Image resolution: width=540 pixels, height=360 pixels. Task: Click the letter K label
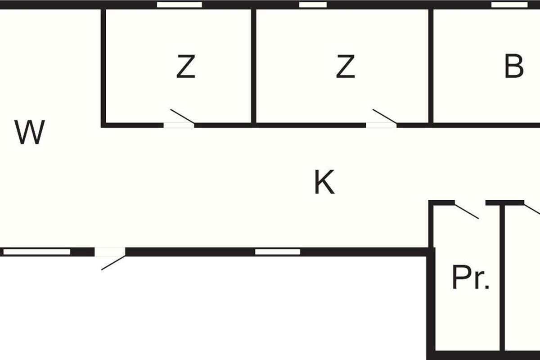[x=324, y=183]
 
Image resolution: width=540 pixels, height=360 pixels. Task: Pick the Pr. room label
[x=470, y=278]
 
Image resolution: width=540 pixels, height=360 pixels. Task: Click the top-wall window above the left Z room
[x=179, y=5]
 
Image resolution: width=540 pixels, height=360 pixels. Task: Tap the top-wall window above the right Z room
[x=313, y=5]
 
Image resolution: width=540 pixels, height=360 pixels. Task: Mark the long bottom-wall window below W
[x=37, y=252]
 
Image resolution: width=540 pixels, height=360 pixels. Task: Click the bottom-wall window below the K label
[x=278, y=252]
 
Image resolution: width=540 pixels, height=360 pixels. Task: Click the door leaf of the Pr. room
[x=466, y=211]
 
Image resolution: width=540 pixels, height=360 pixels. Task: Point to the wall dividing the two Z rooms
[x=253, y=65]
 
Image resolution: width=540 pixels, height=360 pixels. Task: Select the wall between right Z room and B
[x=431, y=65]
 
